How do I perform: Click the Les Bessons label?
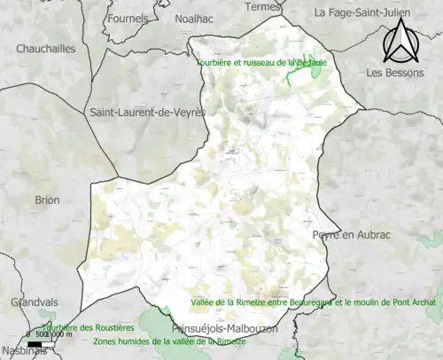395,72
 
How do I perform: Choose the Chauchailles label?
46,49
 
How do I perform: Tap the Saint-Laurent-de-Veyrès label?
147,113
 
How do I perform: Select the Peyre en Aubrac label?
351,233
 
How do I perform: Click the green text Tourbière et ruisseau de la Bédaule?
257,64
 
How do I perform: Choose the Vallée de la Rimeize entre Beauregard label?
313,303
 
